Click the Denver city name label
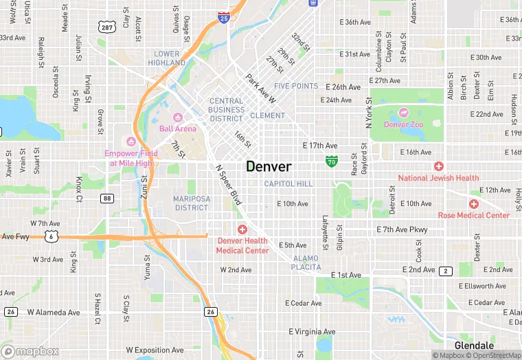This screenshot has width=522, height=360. [269, 167]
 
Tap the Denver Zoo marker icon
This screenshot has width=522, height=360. [403, 113]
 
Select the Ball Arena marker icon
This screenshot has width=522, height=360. [178, 117]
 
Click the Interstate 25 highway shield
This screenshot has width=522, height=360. [224, 17]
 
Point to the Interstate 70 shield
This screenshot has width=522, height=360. [332, 162]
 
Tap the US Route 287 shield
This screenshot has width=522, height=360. [106, 27]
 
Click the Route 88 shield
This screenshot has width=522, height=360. [106, 199]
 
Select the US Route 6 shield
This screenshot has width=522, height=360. [52, 236]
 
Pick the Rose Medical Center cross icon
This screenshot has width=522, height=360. [473, 204]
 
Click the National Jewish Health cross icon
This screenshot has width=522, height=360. [438, 166]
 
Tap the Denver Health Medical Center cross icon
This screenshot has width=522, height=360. [242, 229]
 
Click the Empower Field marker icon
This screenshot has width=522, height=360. [130, 142]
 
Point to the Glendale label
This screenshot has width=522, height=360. [474, 346]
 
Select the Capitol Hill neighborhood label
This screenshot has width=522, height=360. [288, 183]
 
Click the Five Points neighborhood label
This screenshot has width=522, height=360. [296, 87]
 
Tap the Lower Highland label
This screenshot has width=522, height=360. [168, 58]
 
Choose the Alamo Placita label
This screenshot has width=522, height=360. [306, 262]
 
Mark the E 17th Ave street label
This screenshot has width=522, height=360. [320, 146]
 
